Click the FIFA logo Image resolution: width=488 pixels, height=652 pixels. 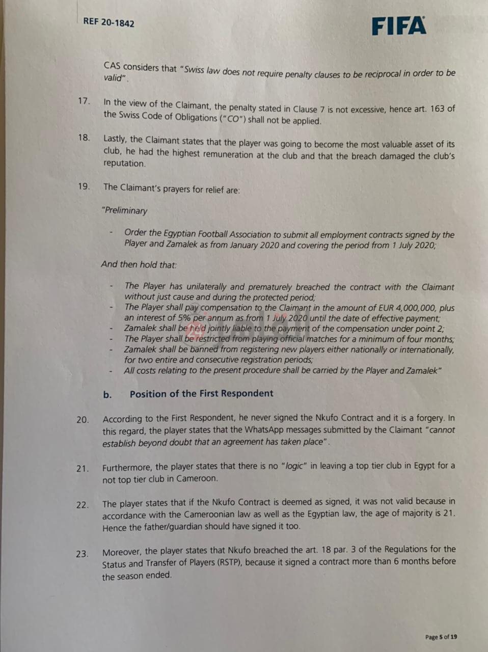(x=398, y=26)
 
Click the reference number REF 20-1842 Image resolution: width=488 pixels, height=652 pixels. (x=109, y=22)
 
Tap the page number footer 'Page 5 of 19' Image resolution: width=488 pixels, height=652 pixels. (x=441, y=637)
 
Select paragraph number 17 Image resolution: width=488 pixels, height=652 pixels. (x=84, y=101)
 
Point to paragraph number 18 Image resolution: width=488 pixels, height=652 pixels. (x=84, y=138)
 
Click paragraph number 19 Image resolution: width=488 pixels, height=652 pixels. (x=84, y=186)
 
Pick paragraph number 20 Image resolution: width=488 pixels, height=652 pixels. (x=83, y=420)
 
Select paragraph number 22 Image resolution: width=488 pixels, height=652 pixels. (x=83, y=505)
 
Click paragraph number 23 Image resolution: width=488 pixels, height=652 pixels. (x=83, y=554)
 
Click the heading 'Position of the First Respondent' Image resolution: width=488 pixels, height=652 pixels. (x=201, y=394)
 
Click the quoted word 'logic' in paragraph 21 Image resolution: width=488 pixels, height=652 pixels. (x=295, y=466)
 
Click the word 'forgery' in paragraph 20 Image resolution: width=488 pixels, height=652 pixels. (x=429, y=418)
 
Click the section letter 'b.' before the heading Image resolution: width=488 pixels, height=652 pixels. (x=107, y=395)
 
